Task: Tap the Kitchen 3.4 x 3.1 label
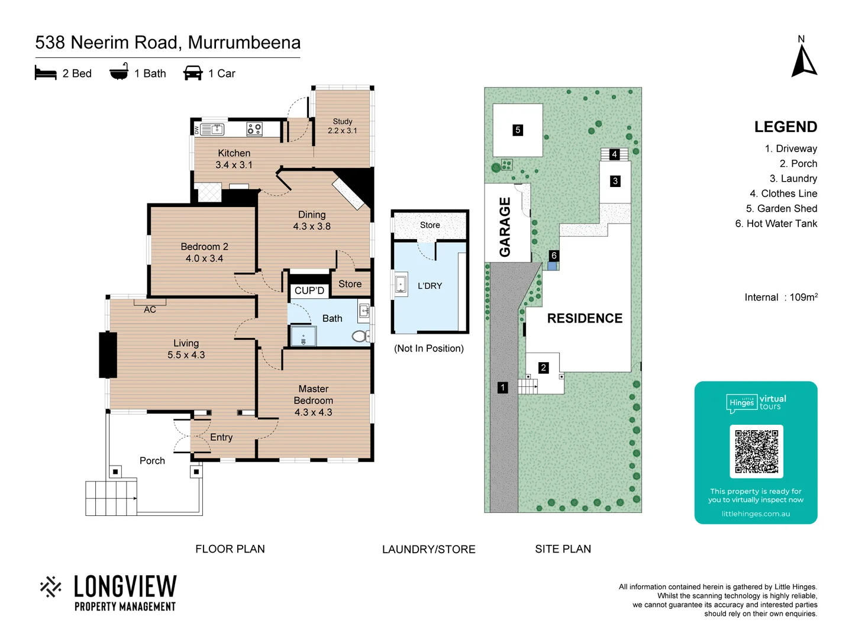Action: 234,159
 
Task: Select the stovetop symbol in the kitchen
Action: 254,129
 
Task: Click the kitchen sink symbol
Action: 212,129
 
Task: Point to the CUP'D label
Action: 309,291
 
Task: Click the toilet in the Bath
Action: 359,336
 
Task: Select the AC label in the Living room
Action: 150,309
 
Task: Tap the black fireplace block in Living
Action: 108,355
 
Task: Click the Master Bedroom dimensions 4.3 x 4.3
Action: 313,412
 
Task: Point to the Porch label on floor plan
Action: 152,460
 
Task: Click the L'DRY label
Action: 430,286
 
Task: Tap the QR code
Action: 756,451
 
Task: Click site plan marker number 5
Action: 518,130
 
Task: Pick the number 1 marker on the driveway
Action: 502,388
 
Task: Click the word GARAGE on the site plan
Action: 505,227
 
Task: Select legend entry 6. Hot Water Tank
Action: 776,224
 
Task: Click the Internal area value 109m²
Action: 803,297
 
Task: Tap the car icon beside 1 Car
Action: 193,73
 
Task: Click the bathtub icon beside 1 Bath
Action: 119,72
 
